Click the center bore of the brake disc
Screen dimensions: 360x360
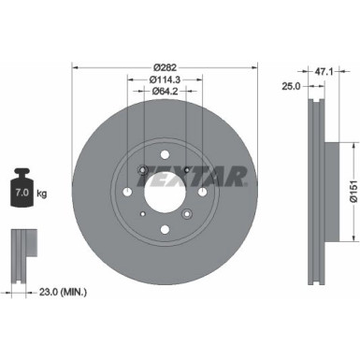(166, 192)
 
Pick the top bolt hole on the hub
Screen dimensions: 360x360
(166, 154)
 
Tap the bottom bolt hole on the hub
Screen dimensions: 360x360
(166, 229)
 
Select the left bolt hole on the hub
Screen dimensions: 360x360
(128, 192)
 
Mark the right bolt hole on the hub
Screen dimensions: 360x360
(203, 192)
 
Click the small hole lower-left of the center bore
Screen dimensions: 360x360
(142, 214)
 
